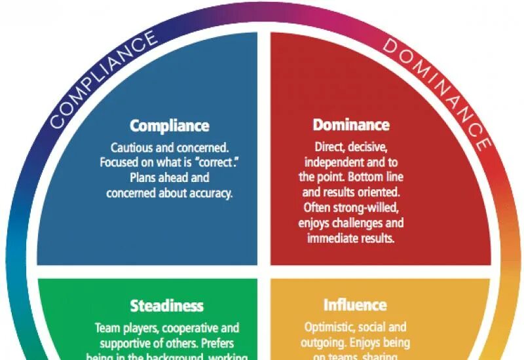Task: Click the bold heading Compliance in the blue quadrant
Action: pyautogui.click(x=169, y=126)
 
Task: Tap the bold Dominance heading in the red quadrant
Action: pyautogui.click(x=351, y=124)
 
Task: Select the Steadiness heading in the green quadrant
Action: pyautogui.click(x=166, y=306)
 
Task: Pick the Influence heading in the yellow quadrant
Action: pyautogui.click(x=355, y=305)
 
